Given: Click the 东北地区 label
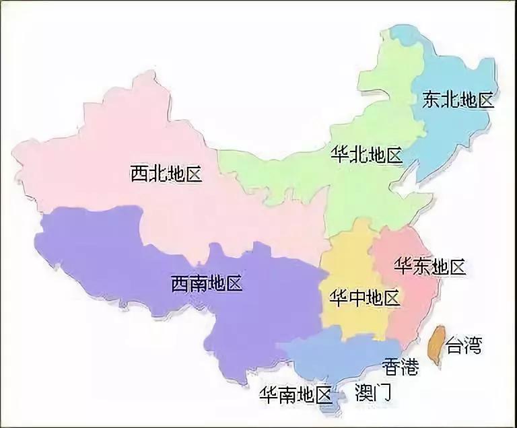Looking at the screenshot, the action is click(x=458, y=101).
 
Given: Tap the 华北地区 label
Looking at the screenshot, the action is click(x=367, y=155).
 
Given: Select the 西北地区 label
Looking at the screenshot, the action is click(x=166, y=175).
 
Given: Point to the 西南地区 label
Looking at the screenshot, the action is click(x=206, y=283).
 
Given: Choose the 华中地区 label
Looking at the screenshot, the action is click(x=364, y=297).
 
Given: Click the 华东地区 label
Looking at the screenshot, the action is click(x=431, y=266).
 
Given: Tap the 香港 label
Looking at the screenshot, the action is click(x=401, y=367).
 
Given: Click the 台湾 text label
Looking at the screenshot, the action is click(x=463, y=347).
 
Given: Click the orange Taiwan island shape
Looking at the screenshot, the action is click(x=437, y=345).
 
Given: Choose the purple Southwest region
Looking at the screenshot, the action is click(x=135, y=256).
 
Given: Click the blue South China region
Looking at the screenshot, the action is click(x=337, y=357).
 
